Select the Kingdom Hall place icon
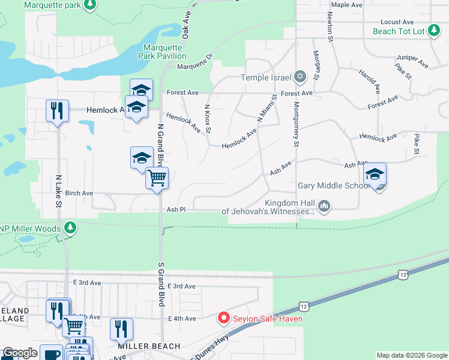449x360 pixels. (x=324, y=206)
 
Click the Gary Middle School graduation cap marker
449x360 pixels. (x=375, y=174)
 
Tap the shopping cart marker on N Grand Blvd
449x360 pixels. (x=157, y=177)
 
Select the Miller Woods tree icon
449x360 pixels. (x=71, y=228)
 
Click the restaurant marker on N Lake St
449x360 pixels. (x=57, y=110)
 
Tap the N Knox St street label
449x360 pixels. (x=208, y=118)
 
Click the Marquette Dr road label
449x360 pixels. (x=195, y=65)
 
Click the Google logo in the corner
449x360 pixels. (x=20, y=353)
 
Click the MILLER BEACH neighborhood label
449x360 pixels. (x=149, y=346)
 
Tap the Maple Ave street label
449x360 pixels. (x=347, y=4)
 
